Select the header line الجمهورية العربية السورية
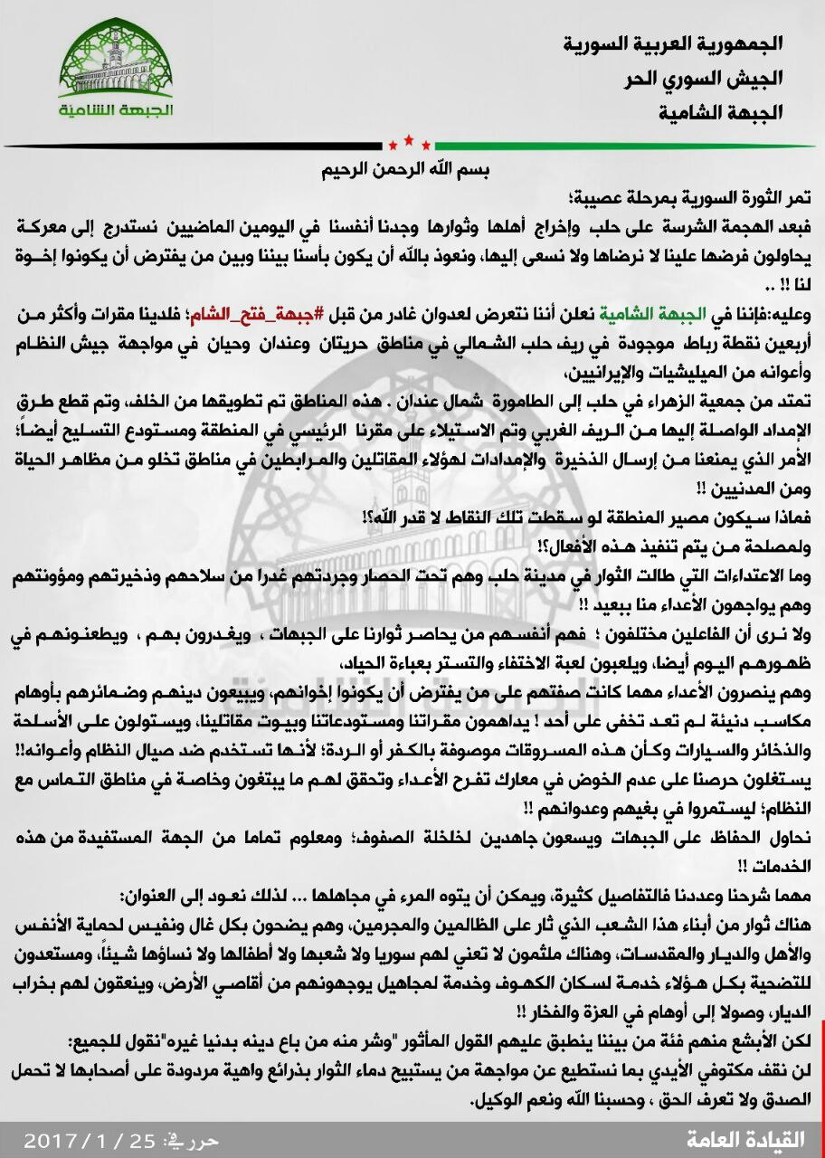672,43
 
